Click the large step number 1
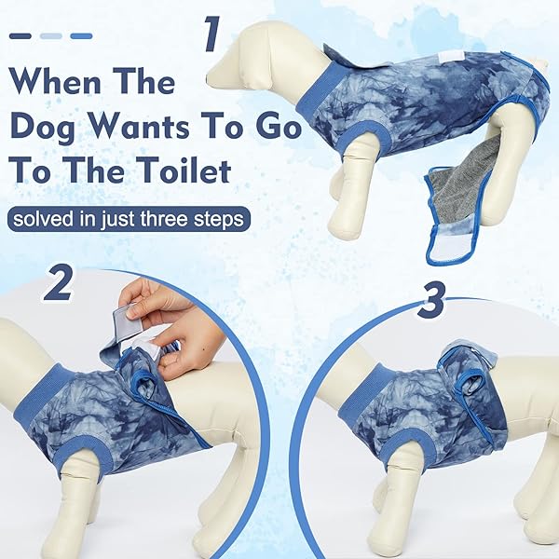pyautogui.click(x=211, y=35)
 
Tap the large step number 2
pyautogui.click(x=58, y=284)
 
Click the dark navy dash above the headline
pyautogui.click(x=20, y=36)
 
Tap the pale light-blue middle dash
pyautogui.click(x=51, y=36)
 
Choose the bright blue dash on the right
pyautogui.click(x=81, y=36)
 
